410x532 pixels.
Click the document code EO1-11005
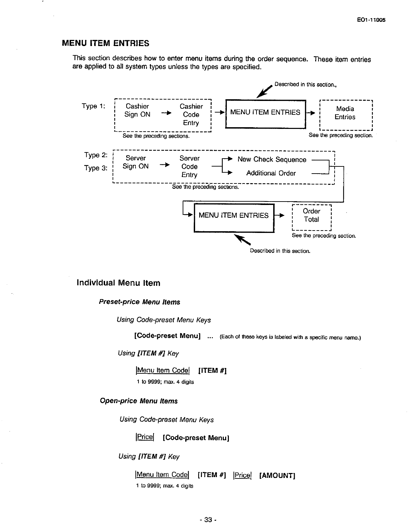pyautogui.click(x=371, y=20)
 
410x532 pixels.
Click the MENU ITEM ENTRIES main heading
pyautogui.click(x=105, y=43)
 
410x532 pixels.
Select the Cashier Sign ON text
pyautogui.click(x=137, y=110)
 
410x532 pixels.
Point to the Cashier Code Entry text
pyautogui.click(x=191, y=115)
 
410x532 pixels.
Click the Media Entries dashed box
pyautogui.click(x=345, y=113)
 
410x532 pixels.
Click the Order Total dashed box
pyautogui.click(x=311, y=216)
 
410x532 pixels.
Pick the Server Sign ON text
pyautogui.click(x=136, y=162)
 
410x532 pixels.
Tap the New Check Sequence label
pyautogui.click(x=272, y=160)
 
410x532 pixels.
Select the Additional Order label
pyautogui.click(x=271, y=173)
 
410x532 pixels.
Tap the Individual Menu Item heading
pyautogui.click(x=118, y=283)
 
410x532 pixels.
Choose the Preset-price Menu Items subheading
pyautogui.click(x=139, y=302)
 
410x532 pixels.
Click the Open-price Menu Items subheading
pyautogui.click(x=138, y=401)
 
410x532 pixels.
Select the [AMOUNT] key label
pyautogui.click(x=277, y=475)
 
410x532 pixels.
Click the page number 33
pyautogui.click(x=208, y=520)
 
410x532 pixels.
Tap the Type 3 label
pyautogui.click(x=96, y=168)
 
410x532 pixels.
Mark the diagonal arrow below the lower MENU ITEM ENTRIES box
pyautogui.click(x=242, y=239)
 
